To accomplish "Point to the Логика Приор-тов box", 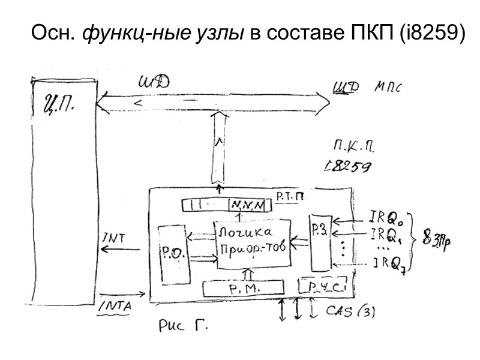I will [251, 240].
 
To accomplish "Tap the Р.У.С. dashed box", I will [323, 287].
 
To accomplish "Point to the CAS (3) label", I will [351, 311].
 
